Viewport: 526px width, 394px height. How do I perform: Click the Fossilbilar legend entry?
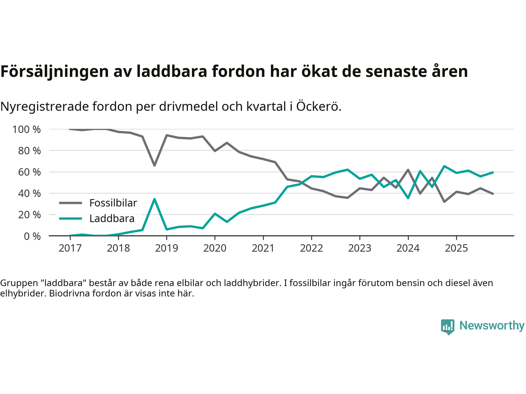(x=113, y=203)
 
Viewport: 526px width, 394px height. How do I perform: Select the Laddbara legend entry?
(x=112, y=218)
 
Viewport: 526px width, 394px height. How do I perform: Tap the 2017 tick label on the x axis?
(x=70, y=248)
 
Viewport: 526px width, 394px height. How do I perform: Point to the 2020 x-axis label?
(x=215, y=248)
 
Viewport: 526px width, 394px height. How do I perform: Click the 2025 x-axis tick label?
(x=456, y=248)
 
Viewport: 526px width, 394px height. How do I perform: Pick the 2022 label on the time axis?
(x=311, y=248)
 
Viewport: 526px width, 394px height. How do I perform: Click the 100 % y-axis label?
(x=27, y=129)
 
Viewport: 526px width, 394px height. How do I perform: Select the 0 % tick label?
(x=32, y=236)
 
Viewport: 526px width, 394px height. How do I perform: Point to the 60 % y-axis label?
(x=29, y=172)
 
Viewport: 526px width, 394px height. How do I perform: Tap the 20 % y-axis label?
(x=29, y=215)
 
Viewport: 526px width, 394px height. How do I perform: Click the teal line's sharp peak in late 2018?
(x=155, y=199)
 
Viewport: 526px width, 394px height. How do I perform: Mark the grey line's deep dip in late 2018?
(x=155, y=165)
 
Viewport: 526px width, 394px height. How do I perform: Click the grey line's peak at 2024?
(x=408, y=170)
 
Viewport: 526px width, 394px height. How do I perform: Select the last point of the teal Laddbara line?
(x=493, y=172)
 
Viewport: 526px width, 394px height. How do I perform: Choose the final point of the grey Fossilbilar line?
(x=493, y=194)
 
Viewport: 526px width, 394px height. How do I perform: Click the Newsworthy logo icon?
(x=448, y=327)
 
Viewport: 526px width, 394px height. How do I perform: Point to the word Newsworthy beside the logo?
(x=492, y=325)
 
